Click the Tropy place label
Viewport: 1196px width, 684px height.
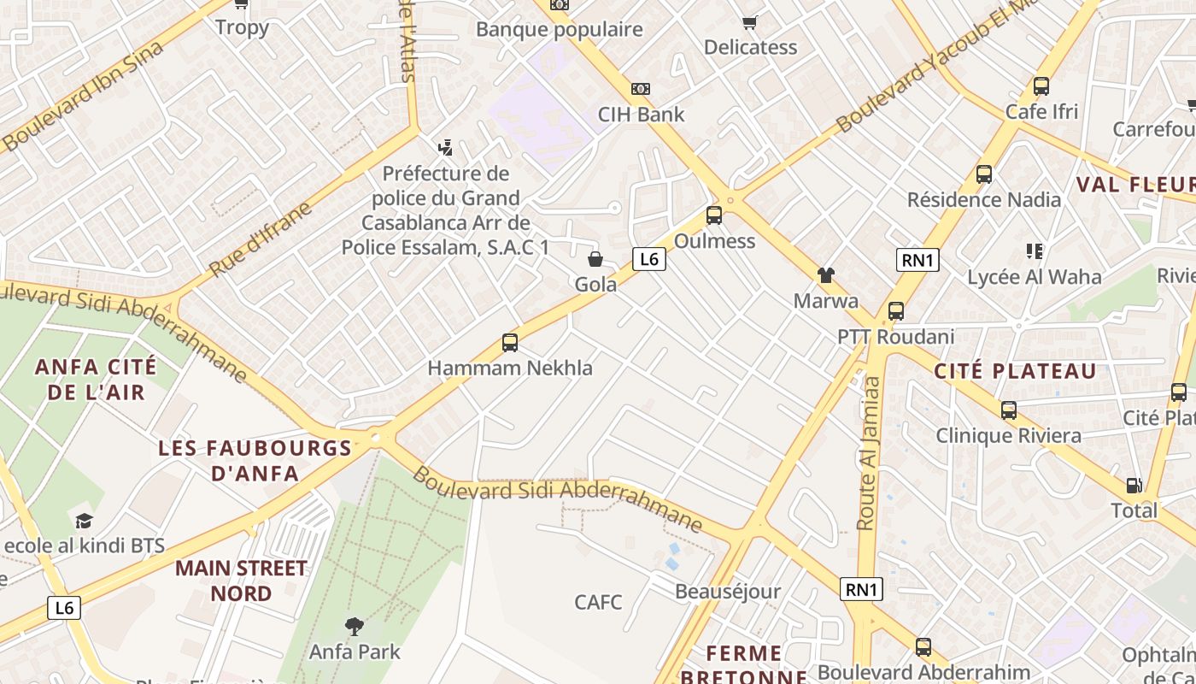(242, 27)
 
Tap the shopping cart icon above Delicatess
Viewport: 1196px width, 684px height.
(749, 23)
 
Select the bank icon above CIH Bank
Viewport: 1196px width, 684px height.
(641, 89)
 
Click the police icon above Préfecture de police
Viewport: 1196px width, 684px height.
(444, 149)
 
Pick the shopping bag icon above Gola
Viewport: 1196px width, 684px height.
(595, 259)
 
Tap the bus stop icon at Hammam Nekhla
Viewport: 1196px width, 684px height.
(510, 343)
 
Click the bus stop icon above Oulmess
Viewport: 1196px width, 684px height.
(714, 215)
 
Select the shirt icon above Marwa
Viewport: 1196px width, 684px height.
(826, 275)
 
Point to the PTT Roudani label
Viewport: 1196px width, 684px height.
(895, 337)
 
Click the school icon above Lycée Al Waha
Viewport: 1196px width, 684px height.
(1035, 251)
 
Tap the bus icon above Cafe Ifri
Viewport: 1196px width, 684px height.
(1041, 86)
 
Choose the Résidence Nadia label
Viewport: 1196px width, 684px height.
(983, 200)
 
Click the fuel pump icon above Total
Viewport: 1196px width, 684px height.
(1134, 486)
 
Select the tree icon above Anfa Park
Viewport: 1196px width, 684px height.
(354, 627)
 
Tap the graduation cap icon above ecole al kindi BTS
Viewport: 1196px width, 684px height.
(84, 521)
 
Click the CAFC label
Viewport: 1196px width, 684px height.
(598, 602)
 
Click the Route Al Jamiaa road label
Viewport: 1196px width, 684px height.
(869, 453)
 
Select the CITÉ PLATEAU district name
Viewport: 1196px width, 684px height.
(1015, 371)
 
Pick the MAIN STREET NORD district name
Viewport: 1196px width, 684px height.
(241, 581)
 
